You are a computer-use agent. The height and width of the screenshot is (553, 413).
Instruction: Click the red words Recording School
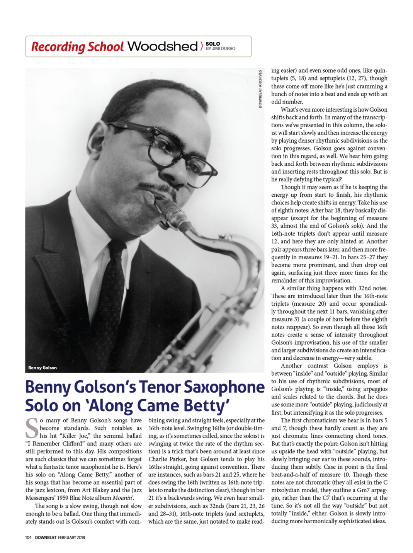[77, 47]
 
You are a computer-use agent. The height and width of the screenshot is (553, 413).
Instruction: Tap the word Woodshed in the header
[162, 46]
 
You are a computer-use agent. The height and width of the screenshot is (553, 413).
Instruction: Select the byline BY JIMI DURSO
[220, 49]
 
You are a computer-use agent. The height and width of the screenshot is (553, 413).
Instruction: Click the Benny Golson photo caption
[42, 368]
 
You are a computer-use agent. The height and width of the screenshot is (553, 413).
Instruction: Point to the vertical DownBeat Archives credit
[260, 89]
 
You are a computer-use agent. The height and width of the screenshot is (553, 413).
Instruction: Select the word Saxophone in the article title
[224, 387]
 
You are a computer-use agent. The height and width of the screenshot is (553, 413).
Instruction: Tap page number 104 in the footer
[28, 537]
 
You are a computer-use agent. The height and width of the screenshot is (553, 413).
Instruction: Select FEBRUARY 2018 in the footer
[71, 537]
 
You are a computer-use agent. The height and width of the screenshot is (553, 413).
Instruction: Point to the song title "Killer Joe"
[75, 436]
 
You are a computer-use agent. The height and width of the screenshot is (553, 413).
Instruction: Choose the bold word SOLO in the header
[213, 44]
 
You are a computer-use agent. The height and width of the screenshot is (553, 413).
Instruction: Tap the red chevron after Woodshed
[201, 46]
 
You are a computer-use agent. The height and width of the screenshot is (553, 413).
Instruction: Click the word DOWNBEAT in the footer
[46, 537]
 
